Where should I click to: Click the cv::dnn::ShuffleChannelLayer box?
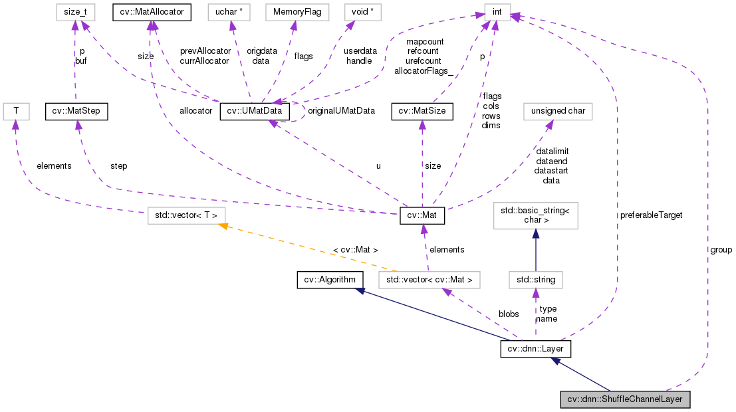pyautogui.click(x=626, y=400)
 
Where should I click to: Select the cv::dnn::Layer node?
pyautogui.click(x=535, y=349)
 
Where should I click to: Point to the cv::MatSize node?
pyautogui.click(x=422, y=111)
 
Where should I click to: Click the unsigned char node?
pyautogui.click(x=558, y=111)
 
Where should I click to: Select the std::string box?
pyautogui.click(x=535, y=280)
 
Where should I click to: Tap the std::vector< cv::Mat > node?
pyautogui.click(x=428, y=280)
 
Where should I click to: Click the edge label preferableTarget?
pyautogui.click(x=651, y=215)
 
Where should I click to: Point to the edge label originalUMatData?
pyautogui.click(x=341, y=111)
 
